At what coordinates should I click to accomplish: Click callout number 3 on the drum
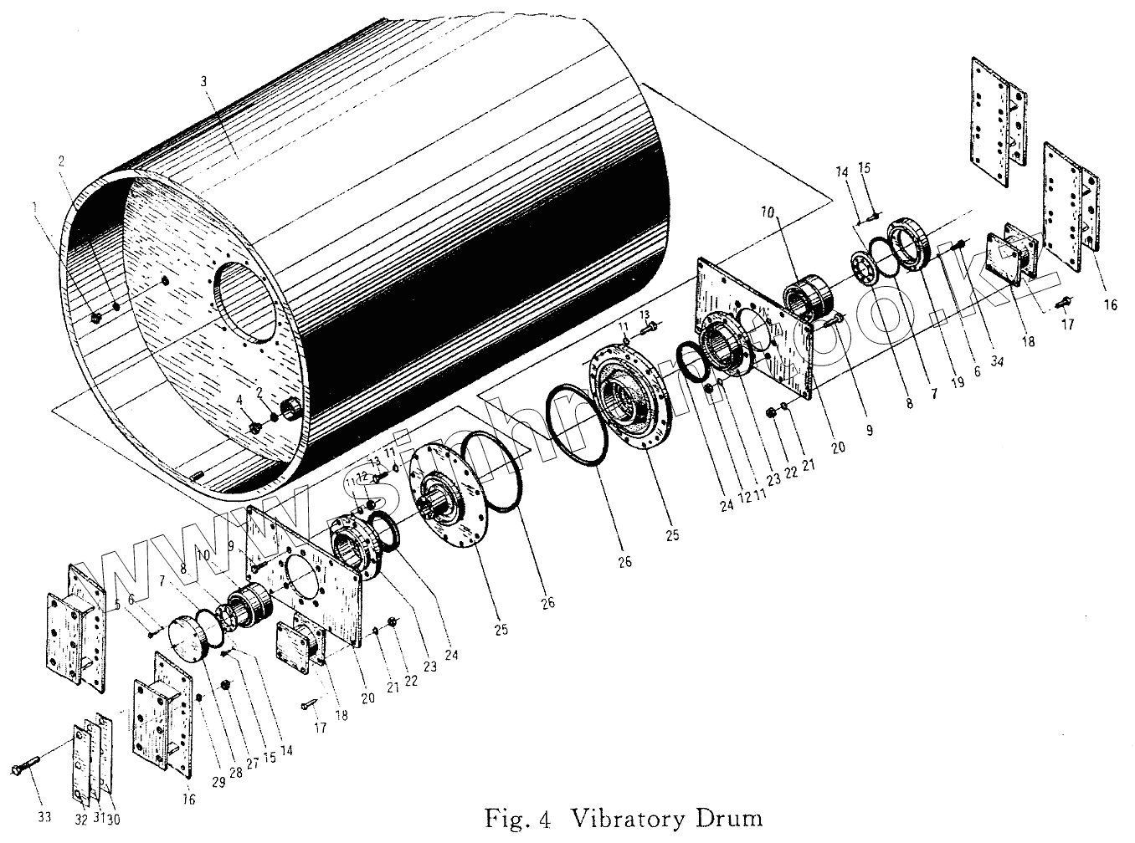pyautogui.click(x=204, y=81)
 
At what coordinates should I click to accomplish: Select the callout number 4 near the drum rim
pyautogui.click(x=239, y=401)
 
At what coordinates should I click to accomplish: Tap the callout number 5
pyautogui.click(x=118, y=602)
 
